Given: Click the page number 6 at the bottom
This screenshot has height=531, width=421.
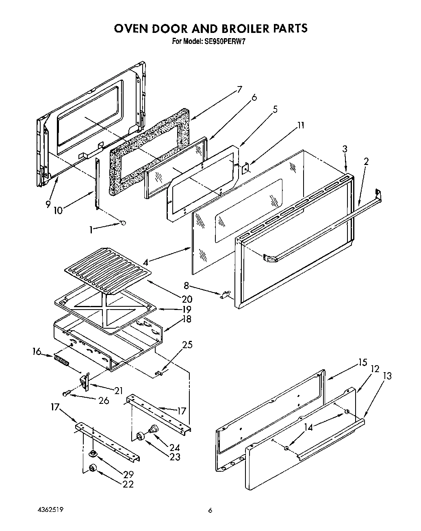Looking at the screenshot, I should [x=210, y=511].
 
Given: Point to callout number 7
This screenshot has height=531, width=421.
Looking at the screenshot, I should [x=239, y=90].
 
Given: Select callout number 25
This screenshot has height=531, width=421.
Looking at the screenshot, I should [x=187, y=345].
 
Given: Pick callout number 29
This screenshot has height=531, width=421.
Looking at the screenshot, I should [x=129, y=474].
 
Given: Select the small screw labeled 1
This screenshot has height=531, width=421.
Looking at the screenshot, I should [x=123, y=222].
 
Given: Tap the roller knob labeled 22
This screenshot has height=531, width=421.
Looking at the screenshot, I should [x=93, y=468].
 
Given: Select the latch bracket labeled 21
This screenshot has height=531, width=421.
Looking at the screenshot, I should [x=85, y=382].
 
